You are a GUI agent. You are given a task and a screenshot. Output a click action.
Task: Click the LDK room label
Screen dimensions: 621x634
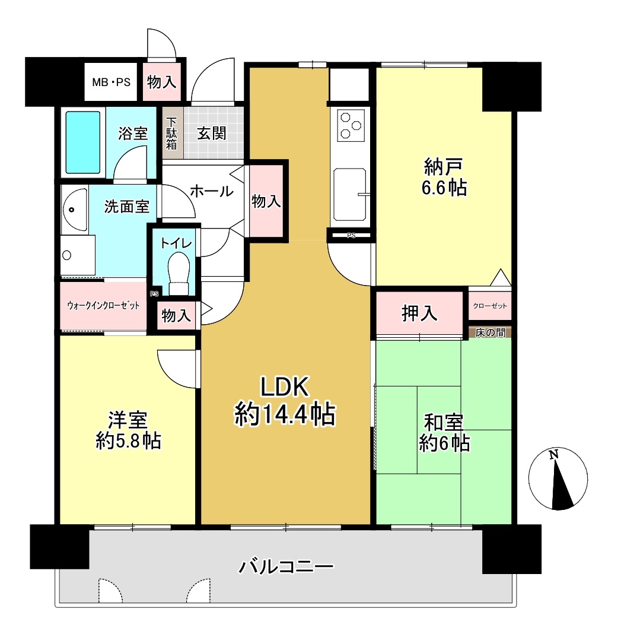click(x=285, y=401)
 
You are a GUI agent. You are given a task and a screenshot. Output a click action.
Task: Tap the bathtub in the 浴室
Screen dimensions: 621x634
click(x=83, y=142)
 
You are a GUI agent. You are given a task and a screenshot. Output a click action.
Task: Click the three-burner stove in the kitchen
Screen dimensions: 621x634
click(x=350, y=125)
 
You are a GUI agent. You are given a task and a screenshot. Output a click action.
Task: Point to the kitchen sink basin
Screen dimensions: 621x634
click(x=350, y=195)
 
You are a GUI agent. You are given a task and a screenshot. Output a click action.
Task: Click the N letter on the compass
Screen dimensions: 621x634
click(x=553, y=455)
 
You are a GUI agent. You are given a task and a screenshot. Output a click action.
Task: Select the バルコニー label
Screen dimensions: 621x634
click(x=286, y=566)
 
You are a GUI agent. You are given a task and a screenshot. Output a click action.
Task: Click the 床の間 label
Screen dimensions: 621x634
click(x=490, y=333)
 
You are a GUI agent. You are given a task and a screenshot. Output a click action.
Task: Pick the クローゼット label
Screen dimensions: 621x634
click(x=490, y=306)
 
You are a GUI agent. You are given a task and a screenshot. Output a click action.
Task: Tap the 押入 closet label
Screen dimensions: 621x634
click(x=419, y=313)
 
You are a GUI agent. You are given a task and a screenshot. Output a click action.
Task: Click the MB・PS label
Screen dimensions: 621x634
click(x=111, y=83)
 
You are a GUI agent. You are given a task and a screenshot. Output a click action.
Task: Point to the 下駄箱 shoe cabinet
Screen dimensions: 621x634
click(x=172, y=134)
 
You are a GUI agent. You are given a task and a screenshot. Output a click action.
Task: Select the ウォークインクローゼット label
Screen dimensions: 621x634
click(x=103, y=305)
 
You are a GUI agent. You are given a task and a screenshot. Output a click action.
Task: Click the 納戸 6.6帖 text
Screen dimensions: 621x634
click(x=444, y=177)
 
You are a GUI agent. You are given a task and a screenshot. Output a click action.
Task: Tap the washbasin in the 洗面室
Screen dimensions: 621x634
click(x=75, y=210)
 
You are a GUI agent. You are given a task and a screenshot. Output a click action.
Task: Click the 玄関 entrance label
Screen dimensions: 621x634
click(x=211, y=133)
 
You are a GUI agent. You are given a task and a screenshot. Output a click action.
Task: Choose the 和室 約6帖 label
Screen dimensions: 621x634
click(x=444, y=433)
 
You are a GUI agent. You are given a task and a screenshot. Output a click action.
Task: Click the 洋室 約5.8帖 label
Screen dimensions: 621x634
click(x=128, y=431)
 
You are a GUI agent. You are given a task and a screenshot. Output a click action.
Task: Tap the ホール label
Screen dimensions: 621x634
click(x=211, y=191)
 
